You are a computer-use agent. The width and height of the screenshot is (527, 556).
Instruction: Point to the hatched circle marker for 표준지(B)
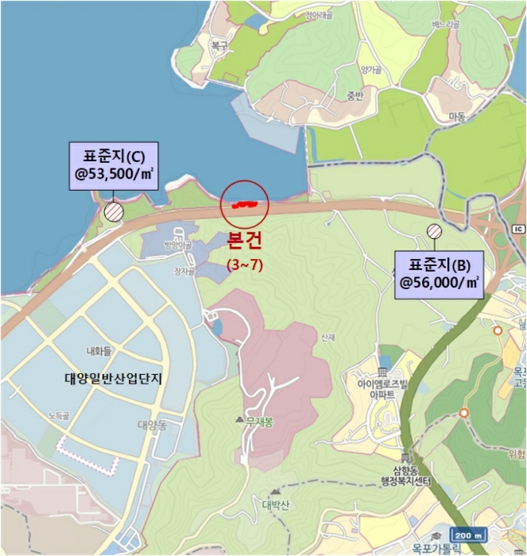pos(434,232)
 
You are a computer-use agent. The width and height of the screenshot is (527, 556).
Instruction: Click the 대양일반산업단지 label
pos(113,378)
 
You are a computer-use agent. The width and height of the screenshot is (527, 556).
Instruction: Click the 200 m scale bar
pos(467,535)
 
